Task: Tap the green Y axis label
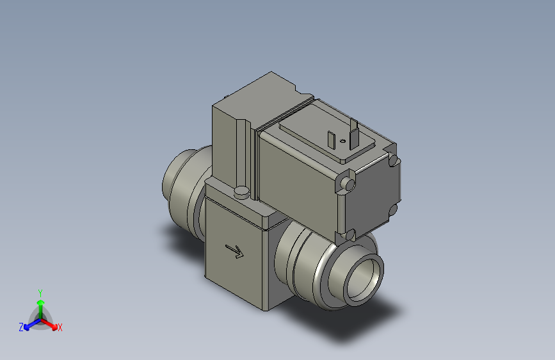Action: click(x=40, y=291)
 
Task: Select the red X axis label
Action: click(x=60, y=327)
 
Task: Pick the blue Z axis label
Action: click(x=21, y=327)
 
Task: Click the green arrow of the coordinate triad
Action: click(x=40, y=302)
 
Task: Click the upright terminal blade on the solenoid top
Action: click(x=353, y=133)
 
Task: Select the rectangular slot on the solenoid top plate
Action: click(x=331, y=138)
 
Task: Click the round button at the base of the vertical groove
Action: click(x=241, y=191)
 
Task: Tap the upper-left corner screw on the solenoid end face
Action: click(x=348, y=184)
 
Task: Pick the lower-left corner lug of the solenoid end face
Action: click(x=350, y=234)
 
